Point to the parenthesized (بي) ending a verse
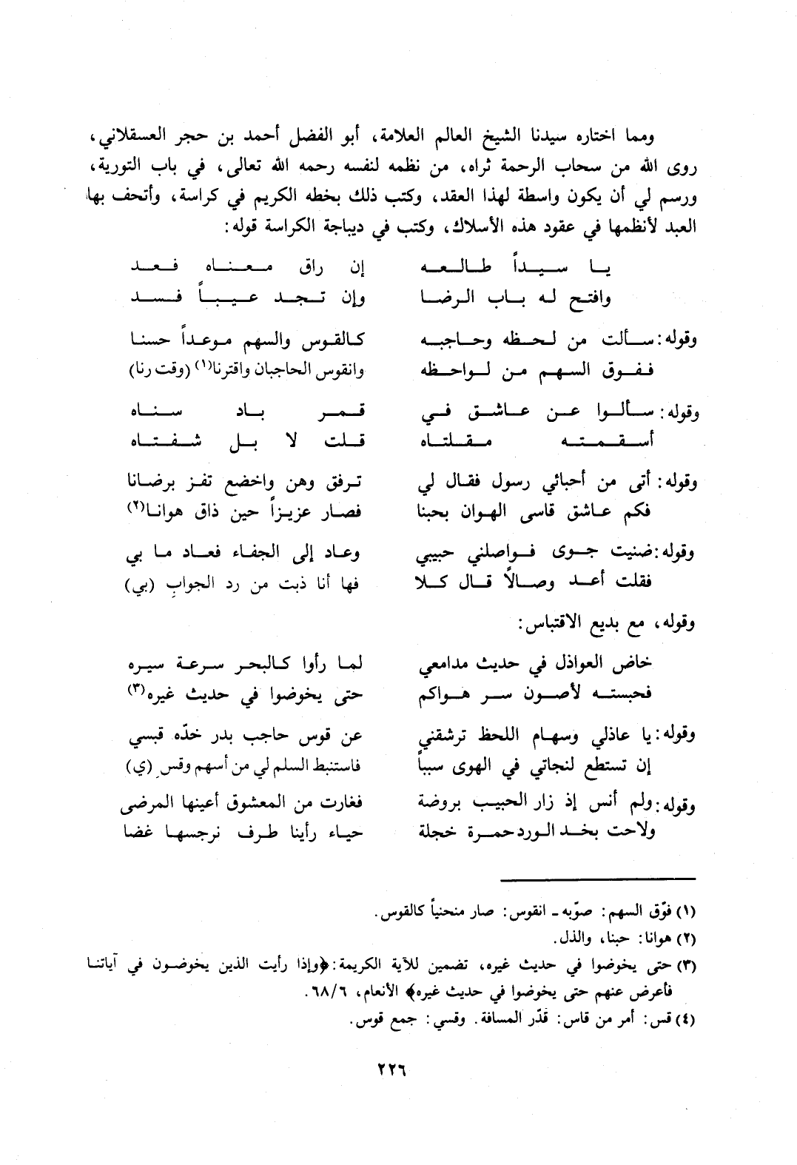(x=138, y=588)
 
